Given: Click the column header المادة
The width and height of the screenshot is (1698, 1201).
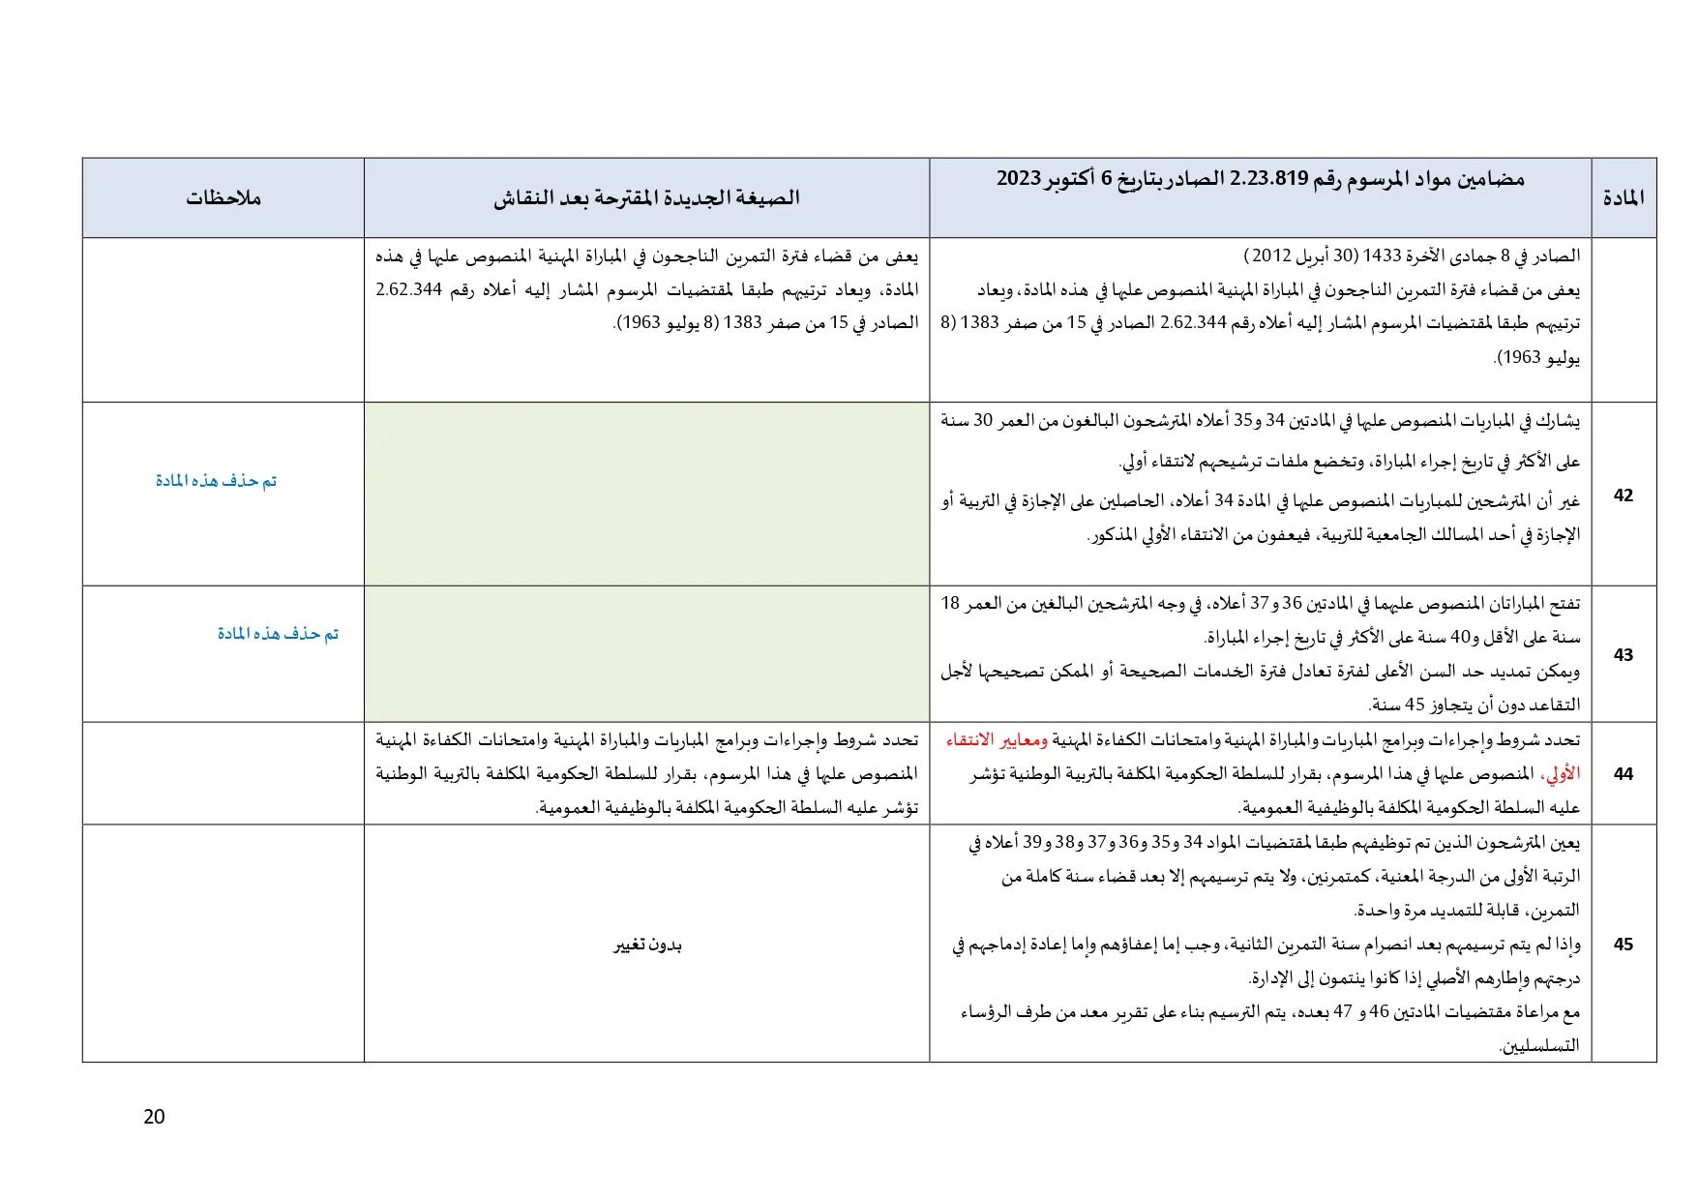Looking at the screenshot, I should [1624, 198].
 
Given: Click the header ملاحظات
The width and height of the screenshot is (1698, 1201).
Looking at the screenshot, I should [223, 198].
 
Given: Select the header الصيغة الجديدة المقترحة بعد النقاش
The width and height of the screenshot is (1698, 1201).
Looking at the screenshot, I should [646, 198].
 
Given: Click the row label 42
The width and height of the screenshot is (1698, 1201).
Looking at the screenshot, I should [1624, 495].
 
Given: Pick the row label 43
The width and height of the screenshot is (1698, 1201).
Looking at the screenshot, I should [1624, 654].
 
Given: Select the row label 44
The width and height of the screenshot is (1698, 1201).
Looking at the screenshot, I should [1624, 773].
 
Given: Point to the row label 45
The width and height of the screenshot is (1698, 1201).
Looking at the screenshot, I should [1624, 944].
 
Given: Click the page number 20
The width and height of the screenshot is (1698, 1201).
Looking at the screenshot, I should [154, 1117].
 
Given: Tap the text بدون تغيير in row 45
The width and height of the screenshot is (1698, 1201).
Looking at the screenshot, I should [647, 945].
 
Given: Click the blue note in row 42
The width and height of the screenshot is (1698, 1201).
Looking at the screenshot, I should [216, 481].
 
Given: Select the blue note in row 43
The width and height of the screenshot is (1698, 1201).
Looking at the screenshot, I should [278, 634].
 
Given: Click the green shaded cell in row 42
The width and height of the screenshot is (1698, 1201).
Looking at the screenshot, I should [646, 494].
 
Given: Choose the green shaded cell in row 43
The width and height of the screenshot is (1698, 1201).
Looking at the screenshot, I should [646, 653].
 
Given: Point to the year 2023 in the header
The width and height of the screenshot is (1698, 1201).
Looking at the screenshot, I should [1019, 179].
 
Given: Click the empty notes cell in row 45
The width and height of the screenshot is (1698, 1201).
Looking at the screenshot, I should [223, 944].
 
